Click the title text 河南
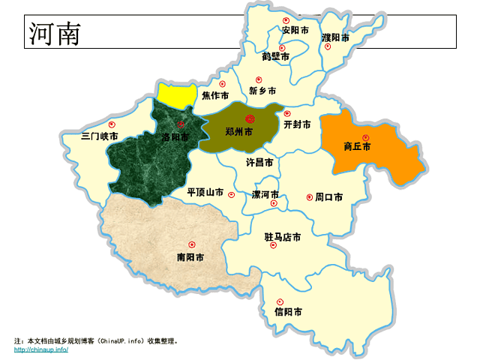click(55, 34)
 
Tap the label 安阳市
click(295, 31)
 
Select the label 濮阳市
click(335, 37)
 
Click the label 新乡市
click(262, 91)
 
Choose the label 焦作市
click(214, 96)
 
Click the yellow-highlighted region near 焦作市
click(177, 94)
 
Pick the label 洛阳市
click(175, 138)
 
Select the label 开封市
click(298, 124)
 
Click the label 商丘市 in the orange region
click(357, 147)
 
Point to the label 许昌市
click(259, 162)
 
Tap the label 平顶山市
click(205, 192)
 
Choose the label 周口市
click(328, 197)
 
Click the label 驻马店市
click(283, 237)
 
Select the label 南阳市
click(190, 257)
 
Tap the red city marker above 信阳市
click(279, 301)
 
